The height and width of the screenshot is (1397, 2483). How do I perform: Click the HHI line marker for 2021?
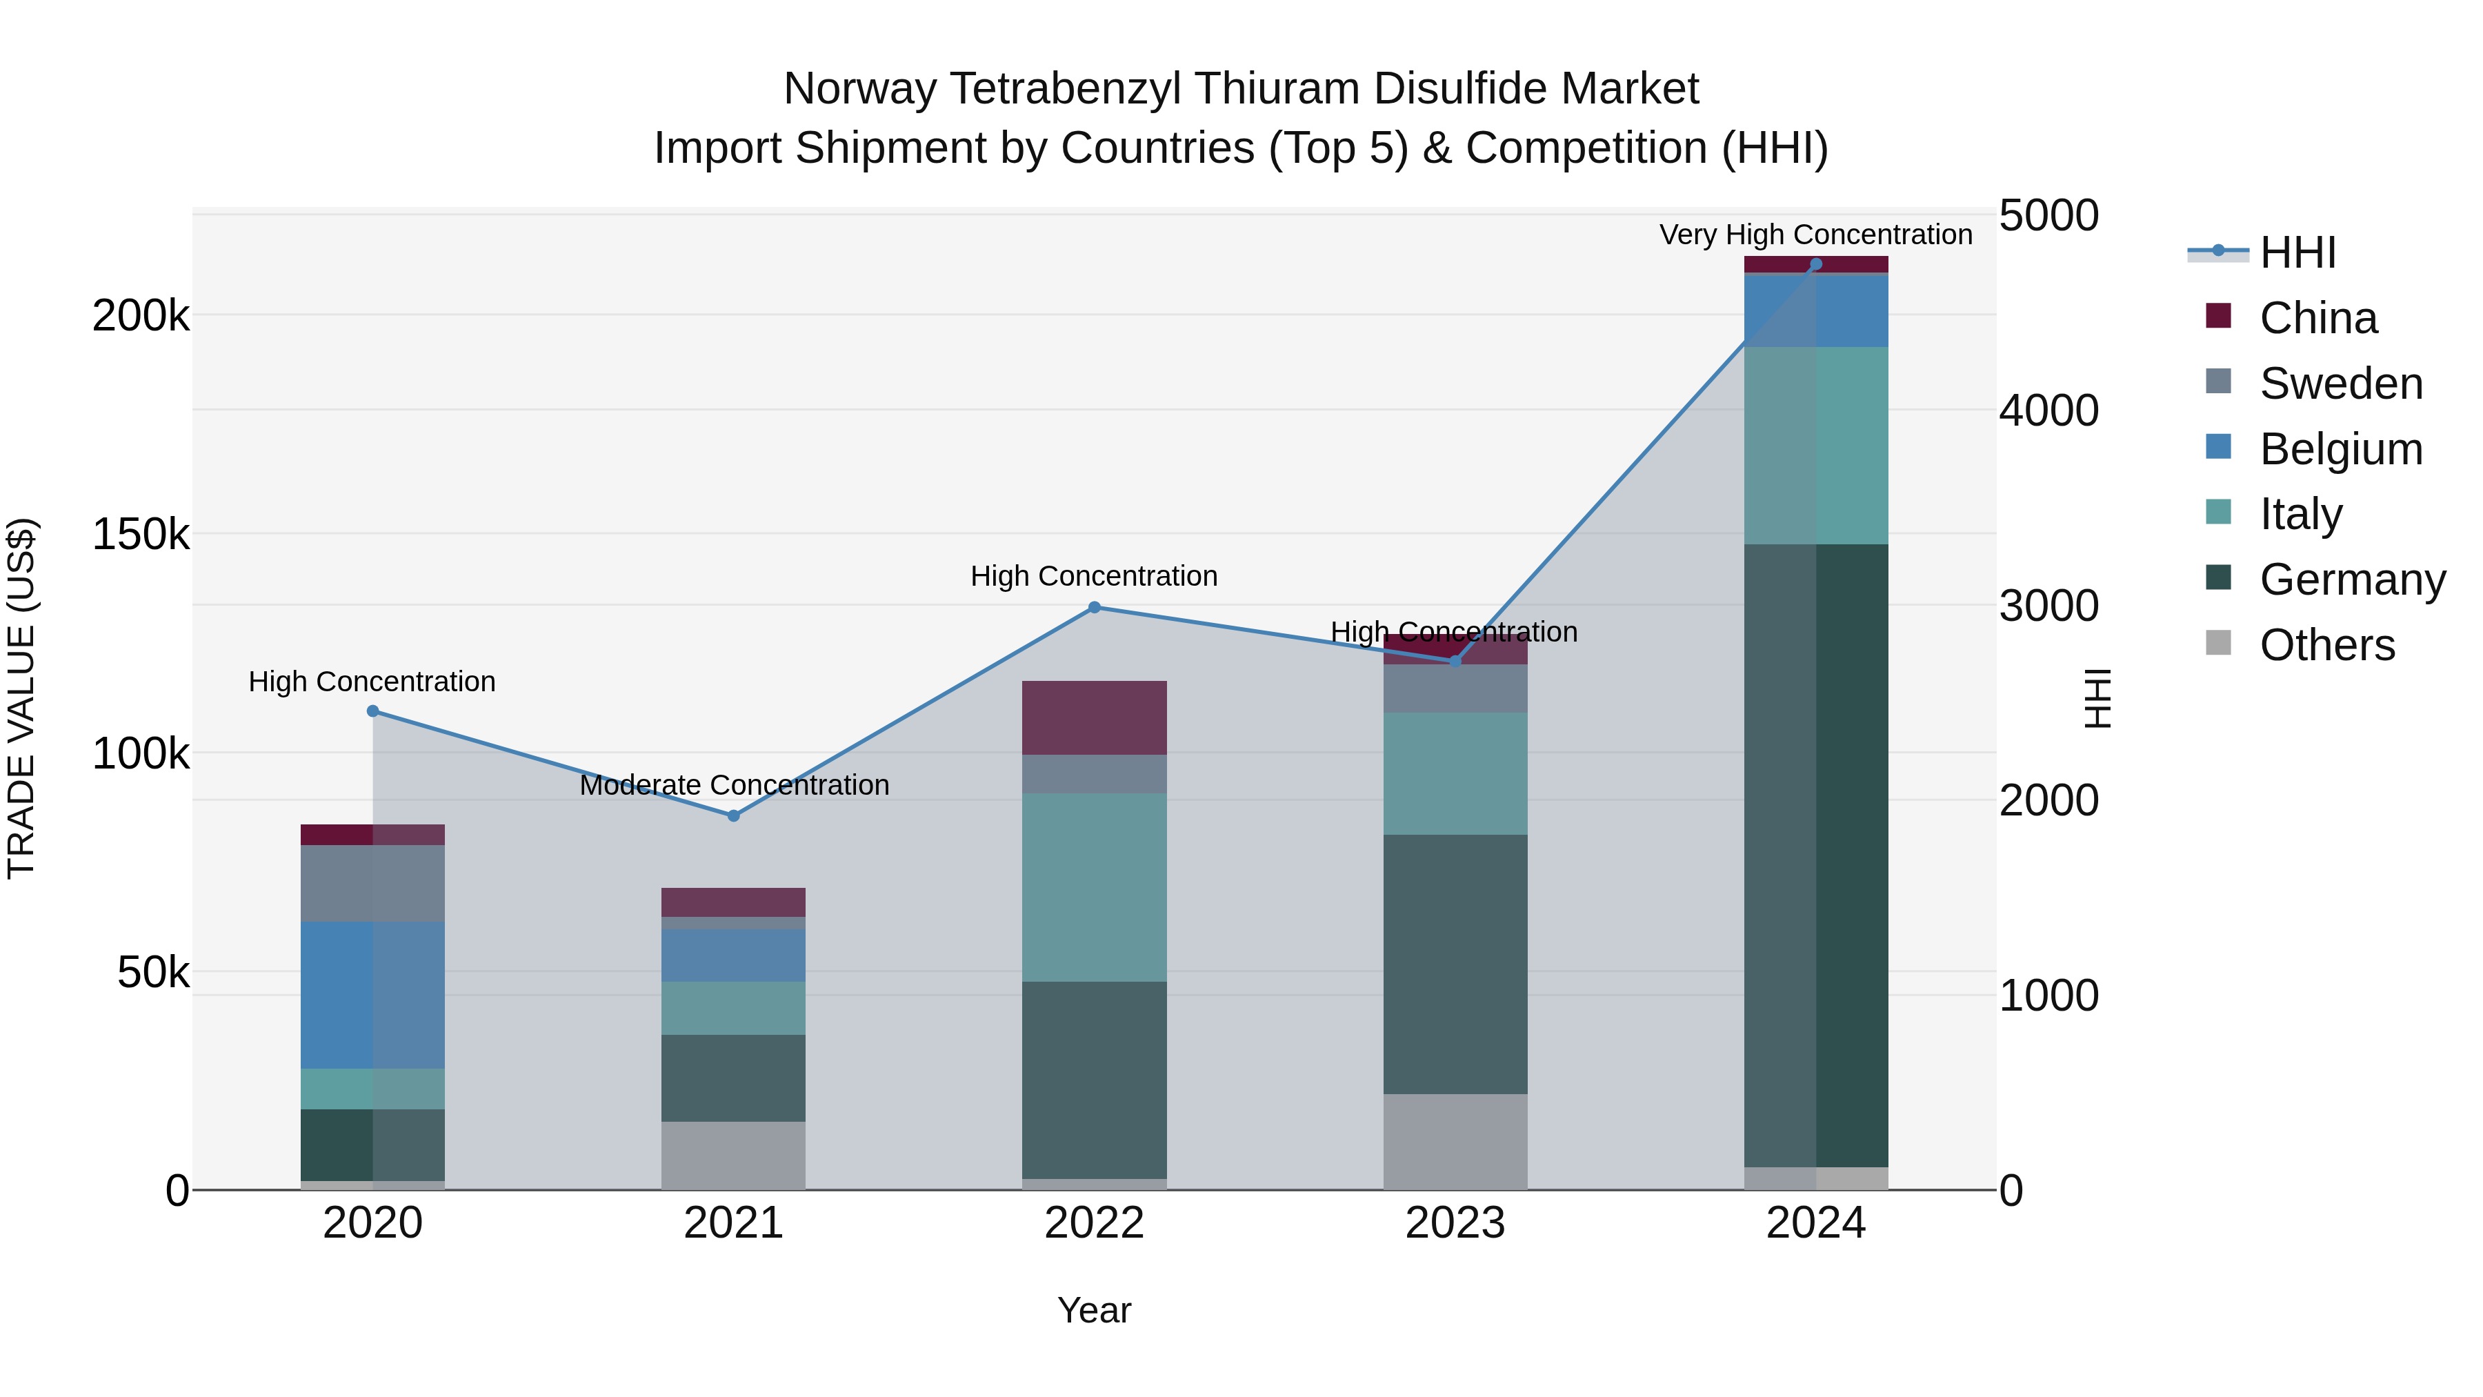pyautogui.click(x=734, y=815)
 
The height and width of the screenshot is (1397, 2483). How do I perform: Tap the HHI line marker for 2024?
pyautogui.click(x=1816, y=264)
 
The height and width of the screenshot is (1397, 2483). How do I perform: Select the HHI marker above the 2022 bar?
pyautogui.click(x=1094, y=607)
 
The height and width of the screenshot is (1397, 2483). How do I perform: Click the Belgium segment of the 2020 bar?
pyautogui.click(x=373, y=994)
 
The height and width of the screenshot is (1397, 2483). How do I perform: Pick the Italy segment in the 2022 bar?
pyautogui.click(x=1094, y=887)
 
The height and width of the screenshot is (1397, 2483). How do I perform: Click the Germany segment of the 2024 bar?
pyautogui.click(x=1816, y=855)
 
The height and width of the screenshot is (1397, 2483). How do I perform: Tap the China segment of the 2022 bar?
pyautogui.click(x=1094, y=717)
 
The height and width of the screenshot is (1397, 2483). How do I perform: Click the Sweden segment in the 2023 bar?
pyautogui.click(x=1455, y=688)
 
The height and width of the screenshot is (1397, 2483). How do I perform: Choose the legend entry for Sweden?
pyautogui.click(x=2340, y=384)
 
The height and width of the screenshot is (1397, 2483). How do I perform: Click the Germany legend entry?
pyautogui.click(x=2352, y=579)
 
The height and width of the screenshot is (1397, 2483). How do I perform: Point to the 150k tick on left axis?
pyautogui.click(x=141, y=534)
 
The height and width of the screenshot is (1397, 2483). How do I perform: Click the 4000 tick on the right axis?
pyautogui.click(x=2048, y=410)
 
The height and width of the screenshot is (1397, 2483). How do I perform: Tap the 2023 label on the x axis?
pyautogui.click(x=1455, y=1223)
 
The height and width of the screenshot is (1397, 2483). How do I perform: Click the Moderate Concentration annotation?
pyautogui.click(x=734, y=785)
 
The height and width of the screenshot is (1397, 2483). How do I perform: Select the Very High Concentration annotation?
pyautogui.click(x=1816, y=235)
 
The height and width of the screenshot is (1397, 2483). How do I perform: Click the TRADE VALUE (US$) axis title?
pyautogui.click(x=21, y=698)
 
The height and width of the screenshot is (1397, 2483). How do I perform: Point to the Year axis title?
pyautogui.click(x=1094, y=1310)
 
